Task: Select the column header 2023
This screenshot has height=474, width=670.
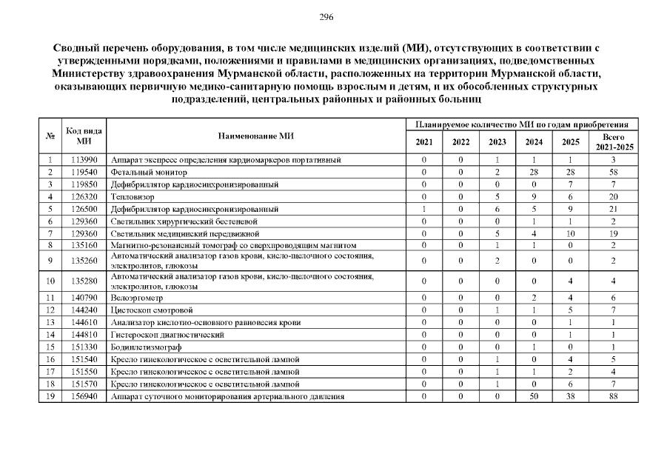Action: point(498,142)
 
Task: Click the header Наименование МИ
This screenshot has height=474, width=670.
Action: point(256,136)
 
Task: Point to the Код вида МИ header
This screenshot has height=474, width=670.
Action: point(84,136)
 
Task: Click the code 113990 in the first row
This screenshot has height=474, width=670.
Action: point(84,160)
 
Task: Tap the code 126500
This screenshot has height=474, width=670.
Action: point(84,209)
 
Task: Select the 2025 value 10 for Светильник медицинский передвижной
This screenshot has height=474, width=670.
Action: point(571,233)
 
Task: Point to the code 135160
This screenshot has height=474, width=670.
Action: point(84,245)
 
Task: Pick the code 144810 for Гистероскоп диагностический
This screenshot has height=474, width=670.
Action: point(84,335)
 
